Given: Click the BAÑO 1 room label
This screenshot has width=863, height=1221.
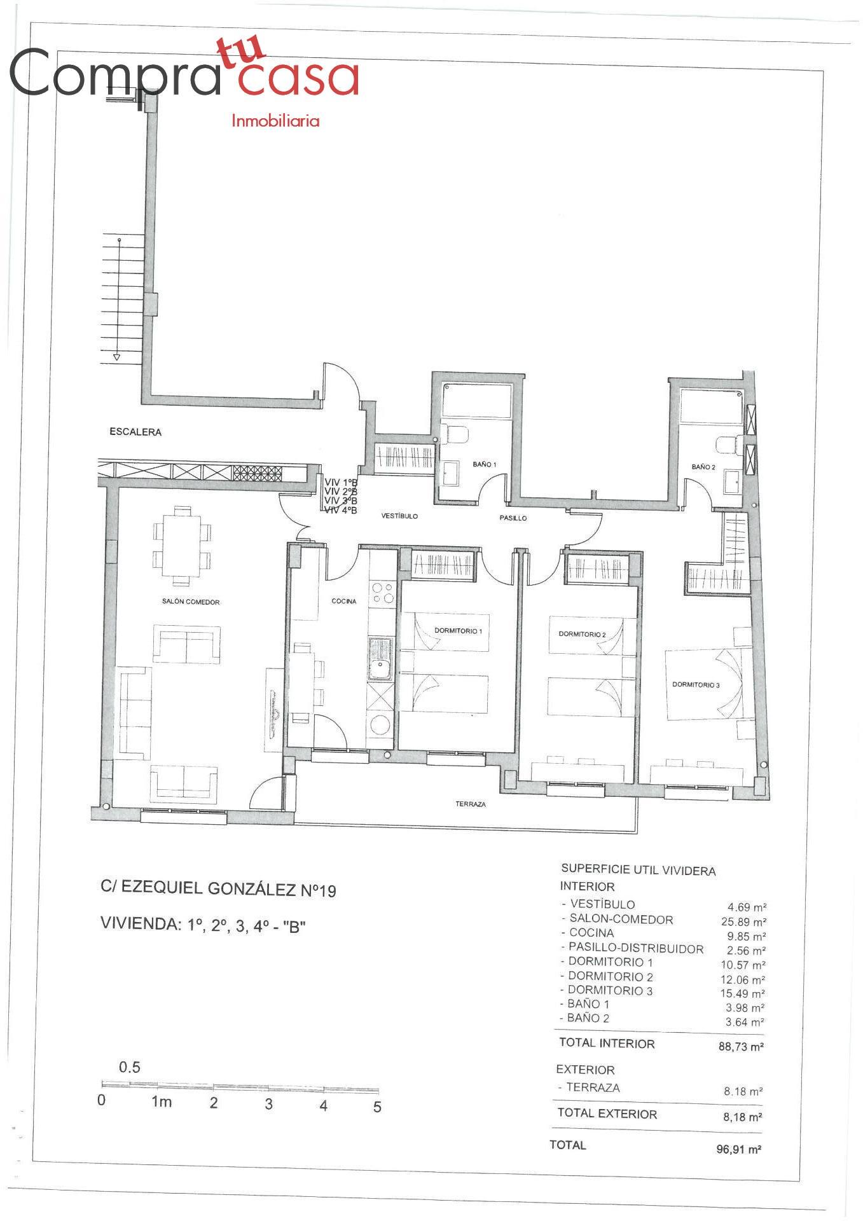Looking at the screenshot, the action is (484, 464).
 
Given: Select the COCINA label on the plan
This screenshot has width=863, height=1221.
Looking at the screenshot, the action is (344, 601).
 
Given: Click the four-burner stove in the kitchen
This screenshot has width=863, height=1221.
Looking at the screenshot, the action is (382, 593).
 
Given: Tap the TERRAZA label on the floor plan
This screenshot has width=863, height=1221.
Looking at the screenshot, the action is (471, 804).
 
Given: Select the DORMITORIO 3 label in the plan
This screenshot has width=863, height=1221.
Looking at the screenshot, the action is (696, 685).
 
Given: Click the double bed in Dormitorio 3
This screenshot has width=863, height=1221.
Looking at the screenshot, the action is (705, 684).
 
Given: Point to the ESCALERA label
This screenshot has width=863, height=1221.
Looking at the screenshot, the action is (135, 432).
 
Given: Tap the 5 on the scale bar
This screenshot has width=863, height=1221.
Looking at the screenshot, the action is (377, 1107).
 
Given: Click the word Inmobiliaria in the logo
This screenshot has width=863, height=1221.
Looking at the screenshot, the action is (275, 121).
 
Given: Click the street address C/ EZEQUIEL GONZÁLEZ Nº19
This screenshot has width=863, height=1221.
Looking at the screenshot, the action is (218, 888).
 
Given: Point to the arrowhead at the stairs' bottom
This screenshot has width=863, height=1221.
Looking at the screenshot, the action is (116, 357).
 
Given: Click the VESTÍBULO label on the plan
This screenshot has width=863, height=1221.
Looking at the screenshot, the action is (399, 516).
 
